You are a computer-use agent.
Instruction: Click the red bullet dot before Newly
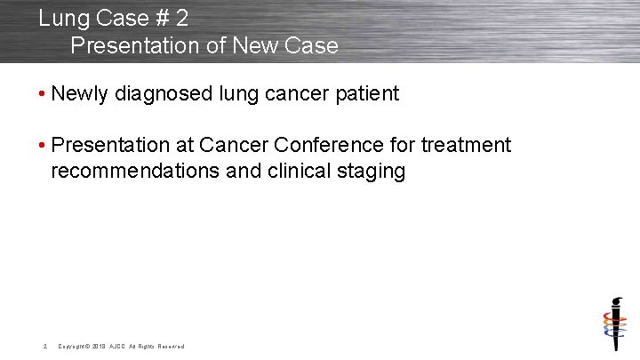tap(43, 94)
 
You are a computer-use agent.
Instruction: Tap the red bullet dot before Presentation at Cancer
tap(43, 145)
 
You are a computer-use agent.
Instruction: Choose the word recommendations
tap(135, 171)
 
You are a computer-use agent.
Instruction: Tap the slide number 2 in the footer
tap(44, 346)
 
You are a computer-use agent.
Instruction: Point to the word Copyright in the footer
tap(72, 346)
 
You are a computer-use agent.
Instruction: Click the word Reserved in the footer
tap(171, 346)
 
